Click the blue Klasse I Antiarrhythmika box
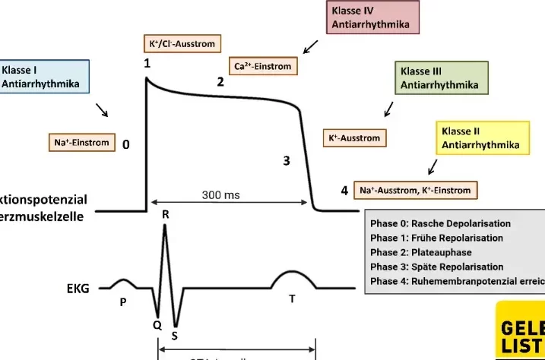click(45, 77)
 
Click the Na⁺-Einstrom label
click(81, 142)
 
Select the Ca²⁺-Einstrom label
click(263, 65)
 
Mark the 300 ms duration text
click(220, 195)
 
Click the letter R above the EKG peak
click(166, 215)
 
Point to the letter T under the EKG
click(292, 299)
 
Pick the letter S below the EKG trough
click(175, 334)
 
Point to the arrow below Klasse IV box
click(311, 48)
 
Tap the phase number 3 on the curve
click(287, 160)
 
